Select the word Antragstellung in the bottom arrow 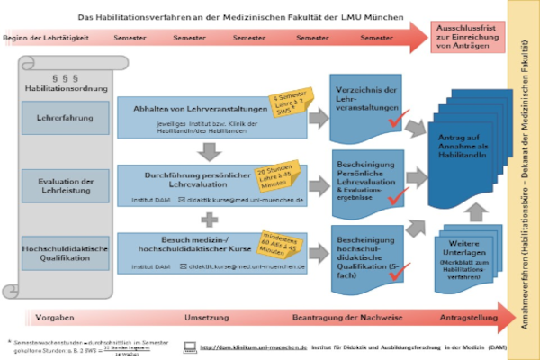[x=467, y=319]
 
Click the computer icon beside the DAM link [x=190, y=346]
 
